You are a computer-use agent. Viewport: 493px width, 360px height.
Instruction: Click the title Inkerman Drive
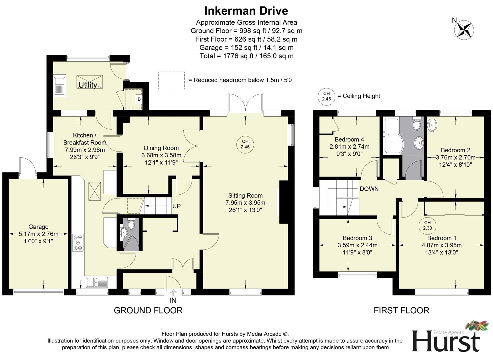(246, 11)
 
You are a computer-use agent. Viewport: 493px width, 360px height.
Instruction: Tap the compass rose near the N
(464, 29)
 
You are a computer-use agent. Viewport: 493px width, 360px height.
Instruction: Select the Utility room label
(88, 85)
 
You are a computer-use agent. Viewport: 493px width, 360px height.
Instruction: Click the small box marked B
(139, 99)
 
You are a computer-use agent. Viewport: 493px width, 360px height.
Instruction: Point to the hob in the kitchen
(78, 242)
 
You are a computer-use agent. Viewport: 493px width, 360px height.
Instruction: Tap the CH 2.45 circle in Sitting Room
(245, 144)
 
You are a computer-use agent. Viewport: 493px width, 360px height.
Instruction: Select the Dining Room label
(161, 148)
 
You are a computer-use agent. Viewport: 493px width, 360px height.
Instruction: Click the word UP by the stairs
(176, 206)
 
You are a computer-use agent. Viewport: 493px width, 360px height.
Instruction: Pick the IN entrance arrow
(173, 293)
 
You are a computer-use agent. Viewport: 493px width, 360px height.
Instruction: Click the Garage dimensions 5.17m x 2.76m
(38, 234)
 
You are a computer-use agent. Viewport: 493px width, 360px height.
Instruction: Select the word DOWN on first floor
(369, 189)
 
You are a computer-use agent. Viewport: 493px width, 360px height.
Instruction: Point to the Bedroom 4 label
(349, 139)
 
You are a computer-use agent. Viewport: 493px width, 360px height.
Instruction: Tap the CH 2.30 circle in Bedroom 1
(427, 225)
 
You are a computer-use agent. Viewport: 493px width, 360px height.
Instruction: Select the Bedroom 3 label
(357, 238)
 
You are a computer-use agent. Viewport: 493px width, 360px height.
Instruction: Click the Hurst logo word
(446, 341)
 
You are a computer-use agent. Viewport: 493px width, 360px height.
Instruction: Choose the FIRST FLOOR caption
(401, 310)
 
